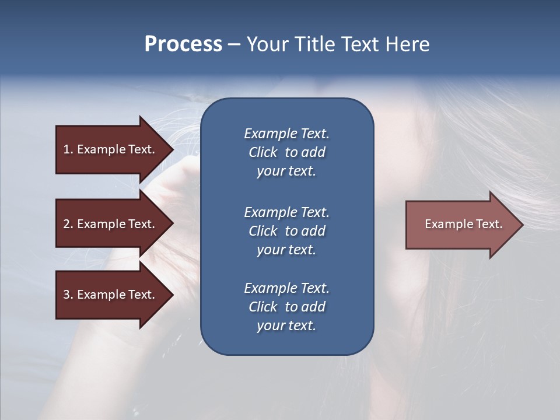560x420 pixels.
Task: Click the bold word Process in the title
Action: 183,44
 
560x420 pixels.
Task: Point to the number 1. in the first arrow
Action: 68,149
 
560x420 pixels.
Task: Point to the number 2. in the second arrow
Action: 68,224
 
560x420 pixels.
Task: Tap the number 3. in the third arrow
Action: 68,295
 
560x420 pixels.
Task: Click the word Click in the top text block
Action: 262,152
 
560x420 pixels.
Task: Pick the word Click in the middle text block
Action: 262,231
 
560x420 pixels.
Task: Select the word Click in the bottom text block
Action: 262,307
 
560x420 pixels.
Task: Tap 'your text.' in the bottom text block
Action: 286,326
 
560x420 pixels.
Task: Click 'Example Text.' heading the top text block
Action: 286,134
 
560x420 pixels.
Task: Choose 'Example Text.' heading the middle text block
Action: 286,212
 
